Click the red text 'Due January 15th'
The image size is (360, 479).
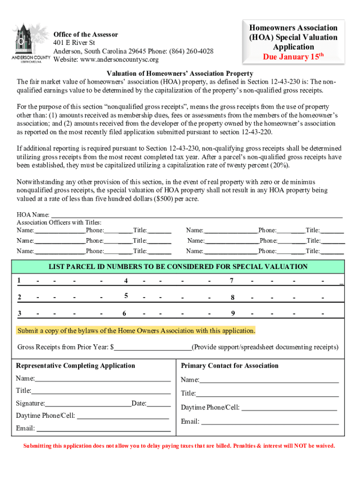tap(294, 57)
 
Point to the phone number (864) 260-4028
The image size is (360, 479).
tap(191, 51)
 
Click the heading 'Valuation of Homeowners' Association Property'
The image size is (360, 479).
tap(180, 73)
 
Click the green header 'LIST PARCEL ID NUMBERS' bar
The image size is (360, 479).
tap(178, 267)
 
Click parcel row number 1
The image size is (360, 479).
tap(19, 281)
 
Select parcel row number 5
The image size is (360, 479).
tap(126, 296)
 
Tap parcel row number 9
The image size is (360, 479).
tap(232, 313)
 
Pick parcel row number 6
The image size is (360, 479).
tap(124, 313)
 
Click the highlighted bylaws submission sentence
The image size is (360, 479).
tap(136, 331)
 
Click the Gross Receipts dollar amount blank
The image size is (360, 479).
tap(153, 348)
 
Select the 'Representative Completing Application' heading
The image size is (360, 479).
tap(75, 366)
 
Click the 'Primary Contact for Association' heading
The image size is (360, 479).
tap(230, 366)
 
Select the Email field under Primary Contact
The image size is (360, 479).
tap(270, 421)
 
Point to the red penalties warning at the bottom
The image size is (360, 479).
tap(179, 446)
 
